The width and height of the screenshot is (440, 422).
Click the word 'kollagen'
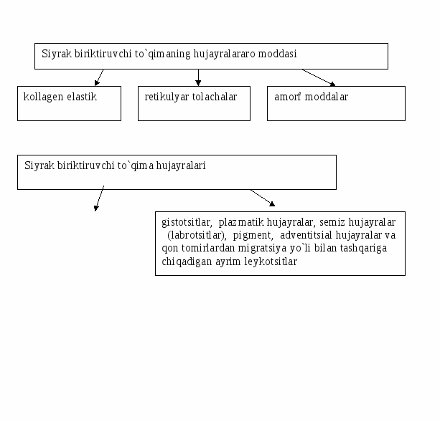click(43, 97)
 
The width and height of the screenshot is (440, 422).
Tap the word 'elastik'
click(82, 97)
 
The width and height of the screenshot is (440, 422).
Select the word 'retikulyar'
click(167, 97)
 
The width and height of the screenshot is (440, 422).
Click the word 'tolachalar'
click(215, 97)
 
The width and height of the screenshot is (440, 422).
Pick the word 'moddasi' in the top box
click(277, 54)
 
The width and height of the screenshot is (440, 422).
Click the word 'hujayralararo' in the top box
click(224, 54)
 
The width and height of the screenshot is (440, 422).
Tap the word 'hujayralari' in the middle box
click(181, 166)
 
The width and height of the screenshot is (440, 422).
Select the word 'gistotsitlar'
click(187, 222)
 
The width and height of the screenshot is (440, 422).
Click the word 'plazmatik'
click(241, 222)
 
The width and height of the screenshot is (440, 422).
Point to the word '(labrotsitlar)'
click(197, 235)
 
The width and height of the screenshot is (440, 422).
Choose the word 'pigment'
click(253, 236)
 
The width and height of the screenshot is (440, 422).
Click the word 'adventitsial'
click(306, 235)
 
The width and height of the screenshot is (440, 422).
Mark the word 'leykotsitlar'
click(271, 262)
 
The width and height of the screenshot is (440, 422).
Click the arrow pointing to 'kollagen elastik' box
click(99, 77)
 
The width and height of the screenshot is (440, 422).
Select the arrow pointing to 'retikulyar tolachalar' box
click(198, 77)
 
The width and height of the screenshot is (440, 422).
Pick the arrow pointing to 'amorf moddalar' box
click(319, 77)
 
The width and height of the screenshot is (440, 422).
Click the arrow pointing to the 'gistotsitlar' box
click(263, 198)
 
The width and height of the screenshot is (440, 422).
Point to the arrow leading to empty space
click(99, 198)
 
